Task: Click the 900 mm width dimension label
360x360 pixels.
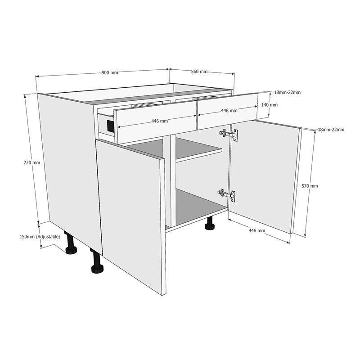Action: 110,73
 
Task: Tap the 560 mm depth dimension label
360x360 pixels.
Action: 199,72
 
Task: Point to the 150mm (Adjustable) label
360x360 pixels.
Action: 40,237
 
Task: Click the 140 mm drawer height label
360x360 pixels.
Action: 270,105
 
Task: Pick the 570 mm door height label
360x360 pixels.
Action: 310,186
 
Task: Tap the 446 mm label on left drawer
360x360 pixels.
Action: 159,121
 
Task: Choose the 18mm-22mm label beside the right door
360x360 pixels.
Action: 331,130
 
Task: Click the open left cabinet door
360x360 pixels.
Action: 130,211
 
